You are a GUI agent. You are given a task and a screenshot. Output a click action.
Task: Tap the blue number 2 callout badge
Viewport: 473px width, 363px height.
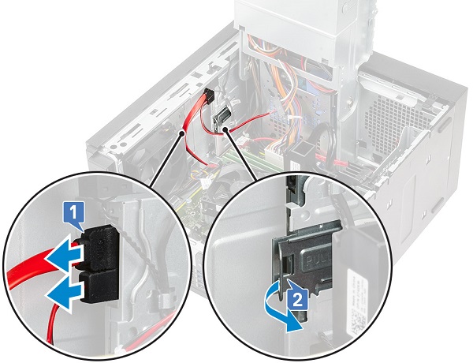(296, 299)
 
